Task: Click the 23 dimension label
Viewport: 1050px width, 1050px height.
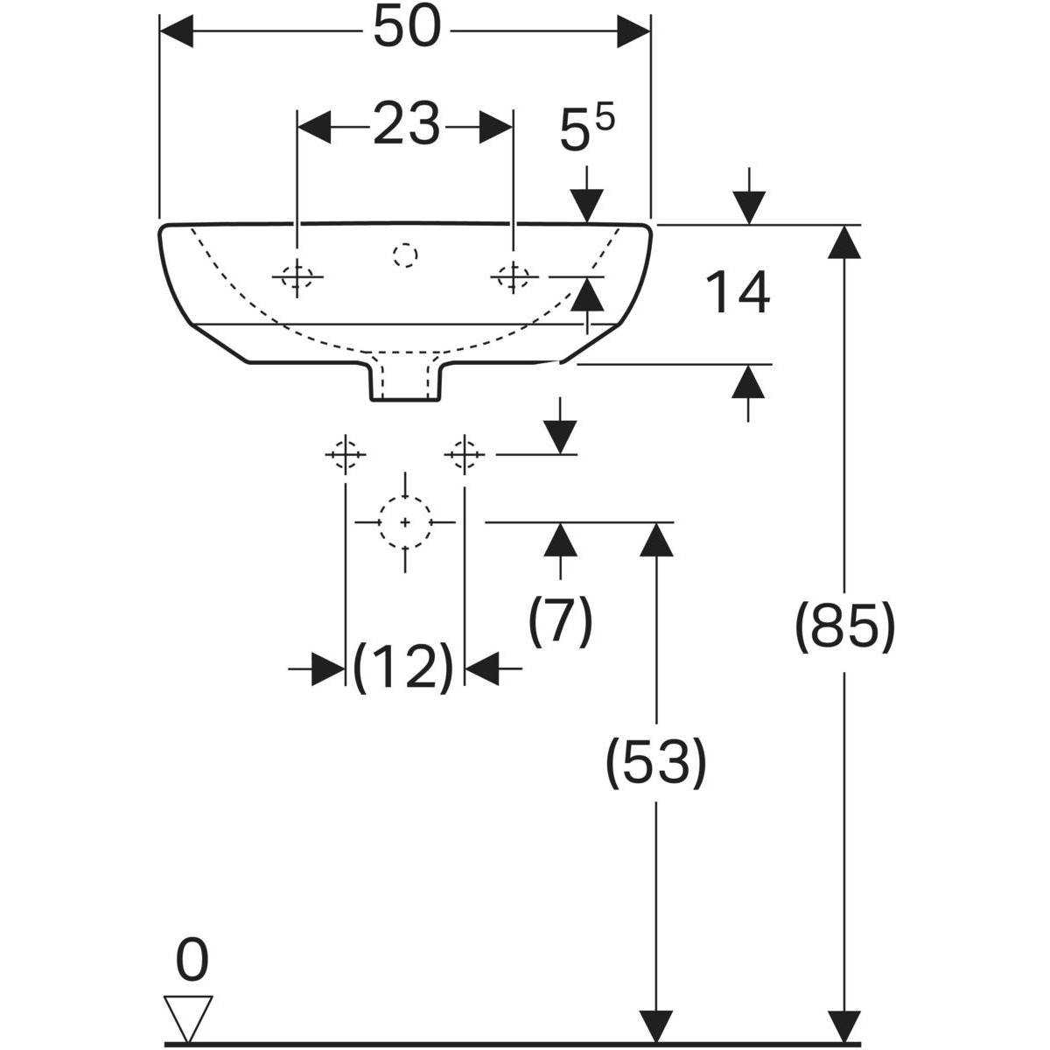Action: (x=406, y=125)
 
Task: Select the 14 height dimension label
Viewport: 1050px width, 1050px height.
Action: (x=738, y=293)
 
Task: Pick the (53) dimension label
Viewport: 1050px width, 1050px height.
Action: (x=655, y=761)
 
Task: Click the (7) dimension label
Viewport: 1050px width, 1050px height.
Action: (x=560, y=620)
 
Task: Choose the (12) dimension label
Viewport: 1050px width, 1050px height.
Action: (x=404, y=668)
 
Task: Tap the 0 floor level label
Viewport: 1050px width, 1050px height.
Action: (x=192, y=960)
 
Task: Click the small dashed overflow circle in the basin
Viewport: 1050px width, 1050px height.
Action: (x=405, y=255)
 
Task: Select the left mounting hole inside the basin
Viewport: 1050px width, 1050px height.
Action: (x=297, y=277)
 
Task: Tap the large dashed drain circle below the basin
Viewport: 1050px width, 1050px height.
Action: (x=405, y=521)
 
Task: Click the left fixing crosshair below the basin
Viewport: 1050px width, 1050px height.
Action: (x=346, y=454)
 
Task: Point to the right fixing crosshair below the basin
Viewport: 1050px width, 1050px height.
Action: (x=464, y=454)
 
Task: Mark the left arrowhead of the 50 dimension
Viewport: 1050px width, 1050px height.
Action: (x=177, y=32)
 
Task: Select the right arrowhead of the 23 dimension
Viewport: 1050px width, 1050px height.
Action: (x=495, y=126)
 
